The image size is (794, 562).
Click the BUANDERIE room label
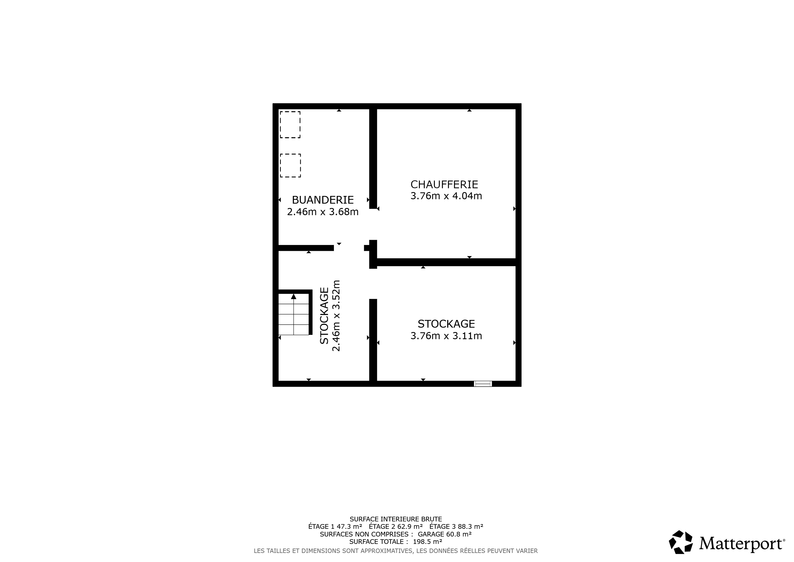[323, 200]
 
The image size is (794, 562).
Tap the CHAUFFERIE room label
[444, 184]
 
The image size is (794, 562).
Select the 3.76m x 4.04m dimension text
[446, 196]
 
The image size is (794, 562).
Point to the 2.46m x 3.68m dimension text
[323, 212]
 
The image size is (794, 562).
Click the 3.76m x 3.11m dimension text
[446, 336]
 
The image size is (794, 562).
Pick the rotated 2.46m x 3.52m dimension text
[336, 316]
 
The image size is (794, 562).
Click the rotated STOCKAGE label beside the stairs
[324, 316]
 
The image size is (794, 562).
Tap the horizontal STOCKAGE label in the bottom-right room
[446, 324]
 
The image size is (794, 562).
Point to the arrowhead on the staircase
[294, 296]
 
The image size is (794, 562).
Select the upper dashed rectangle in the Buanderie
[290, 125]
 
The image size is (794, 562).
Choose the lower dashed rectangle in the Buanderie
[290, 165]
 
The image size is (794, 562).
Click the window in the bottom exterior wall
[483, 383]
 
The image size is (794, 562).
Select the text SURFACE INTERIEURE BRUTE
[396, 519]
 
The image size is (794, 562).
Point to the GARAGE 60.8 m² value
[445, 534]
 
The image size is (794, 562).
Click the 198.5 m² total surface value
[427, 542]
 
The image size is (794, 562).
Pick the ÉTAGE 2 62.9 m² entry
[396, 527]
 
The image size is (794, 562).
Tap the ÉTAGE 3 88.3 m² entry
[456, 527]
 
